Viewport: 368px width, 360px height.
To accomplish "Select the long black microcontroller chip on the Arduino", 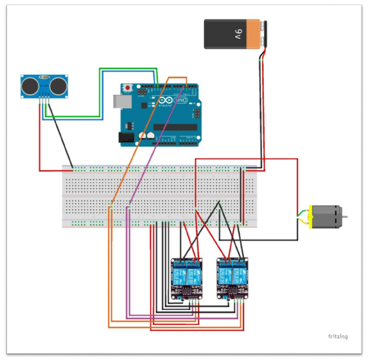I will pos(175,127).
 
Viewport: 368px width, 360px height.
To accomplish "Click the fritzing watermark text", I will pos(338,336).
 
